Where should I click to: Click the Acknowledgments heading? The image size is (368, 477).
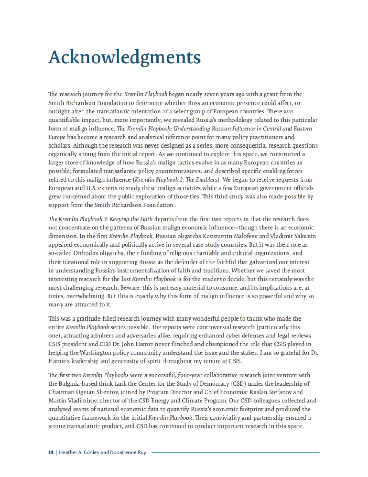(x=124, y=57)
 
